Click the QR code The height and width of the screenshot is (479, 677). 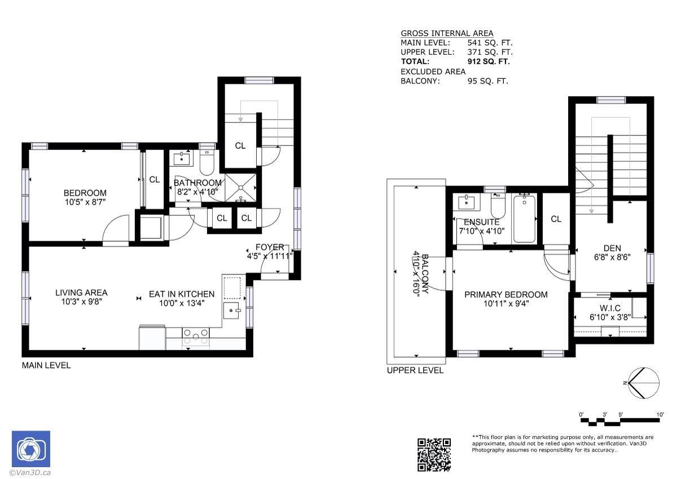(434, 455)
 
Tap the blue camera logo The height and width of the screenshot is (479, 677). (31, 449)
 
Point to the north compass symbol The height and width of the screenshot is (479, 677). (643, 383)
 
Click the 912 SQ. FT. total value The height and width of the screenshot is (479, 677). (489, 61)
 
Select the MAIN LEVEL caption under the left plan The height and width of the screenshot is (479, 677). (46, 365)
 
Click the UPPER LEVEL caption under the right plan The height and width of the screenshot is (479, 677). (415, 370)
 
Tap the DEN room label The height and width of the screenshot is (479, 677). (612, 248)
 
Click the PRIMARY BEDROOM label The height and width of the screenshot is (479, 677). (506, 295)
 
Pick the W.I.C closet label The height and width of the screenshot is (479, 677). (610, 308)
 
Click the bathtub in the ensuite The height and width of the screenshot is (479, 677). (524, 219)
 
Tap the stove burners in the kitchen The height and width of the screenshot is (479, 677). (196, 336)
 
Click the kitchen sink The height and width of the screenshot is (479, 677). (232, 311)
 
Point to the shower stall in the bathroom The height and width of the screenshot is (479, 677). (240, 188)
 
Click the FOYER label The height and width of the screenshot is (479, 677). (270, 247)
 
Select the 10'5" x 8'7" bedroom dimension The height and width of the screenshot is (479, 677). (85, 202)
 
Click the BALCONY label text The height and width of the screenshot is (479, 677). (425, 274)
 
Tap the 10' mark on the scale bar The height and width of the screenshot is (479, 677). (660, 414)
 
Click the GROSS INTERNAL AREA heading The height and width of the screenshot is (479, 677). (447, 33)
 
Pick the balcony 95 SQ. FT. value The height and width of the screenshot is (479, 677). (487, 81)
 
